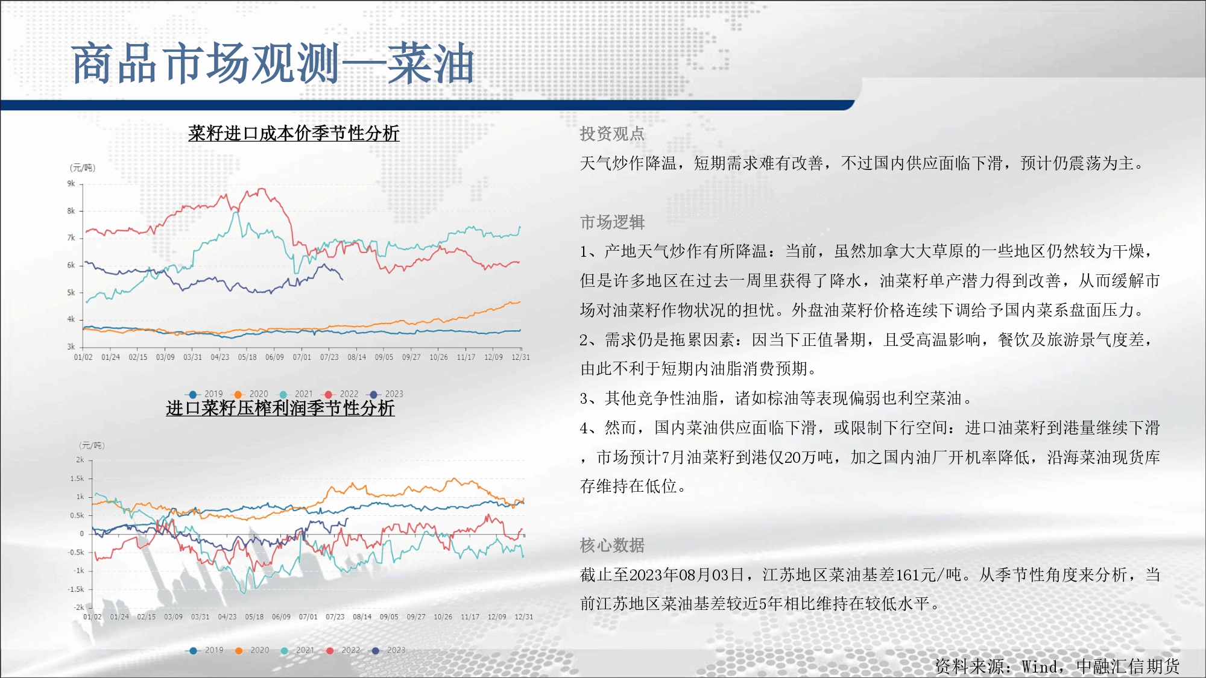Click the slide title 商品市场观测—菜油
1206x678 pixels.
tap(273, 64)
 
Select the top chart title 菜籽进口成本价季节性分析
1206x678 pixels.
tap(294, 133)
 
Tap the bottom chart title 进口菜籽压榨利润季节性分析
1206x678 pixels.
tap(280, 408)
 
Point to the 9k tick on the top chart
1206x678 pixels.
tap(71, 184)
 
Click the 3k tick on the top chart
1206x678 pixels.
tap(71, 347)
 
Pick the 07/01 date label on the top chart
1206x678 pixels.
tap(302, 357)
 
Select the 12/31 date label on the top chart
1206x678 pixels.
tap(521, 357)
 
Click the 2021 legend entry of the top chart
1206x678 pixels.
tap(296, 394)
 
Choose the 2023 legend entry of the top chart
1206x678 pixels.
tap(387, 394)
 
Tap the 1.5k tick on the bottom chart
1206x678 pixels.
tap(77, 479)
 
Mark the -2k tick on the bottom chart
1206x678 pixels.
tap(79, 607)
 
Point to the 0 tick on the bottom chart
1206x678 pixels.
tap(82, 533)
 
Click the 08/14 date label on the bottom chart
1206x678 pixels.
tap(362, 617)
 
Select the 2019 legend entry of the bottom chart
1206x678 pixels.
tap(206, 650)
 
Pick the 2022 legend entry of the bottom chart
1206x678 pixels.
tap(343, 650)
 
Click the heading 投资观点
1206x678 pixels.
tap(612, 134)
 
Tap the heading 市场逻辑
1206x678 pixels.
tap(612, 222)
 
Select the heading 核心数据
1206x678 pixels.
tap(612, 545)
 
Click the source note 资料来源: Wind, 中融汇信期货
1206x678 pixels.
tap(1057, 666)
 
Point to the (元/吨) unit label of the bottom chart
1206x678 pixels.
tap(92, 445)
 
